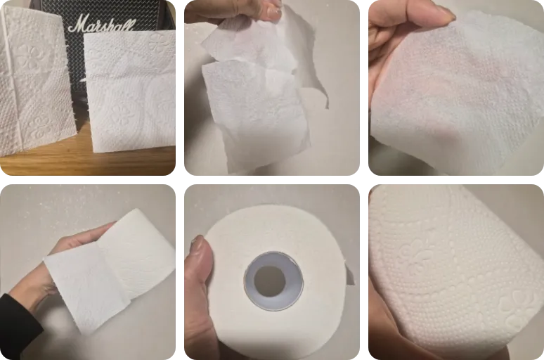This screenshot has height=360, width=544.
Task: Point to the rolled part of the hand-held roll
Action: (x=141, y=246)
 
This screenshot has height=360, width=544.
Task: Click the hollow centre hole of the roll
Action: (x=270, y=281)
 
